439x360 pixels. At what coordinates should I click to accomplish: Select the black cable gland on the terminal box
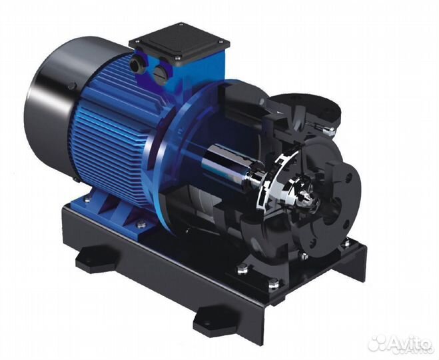(138, 64)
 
